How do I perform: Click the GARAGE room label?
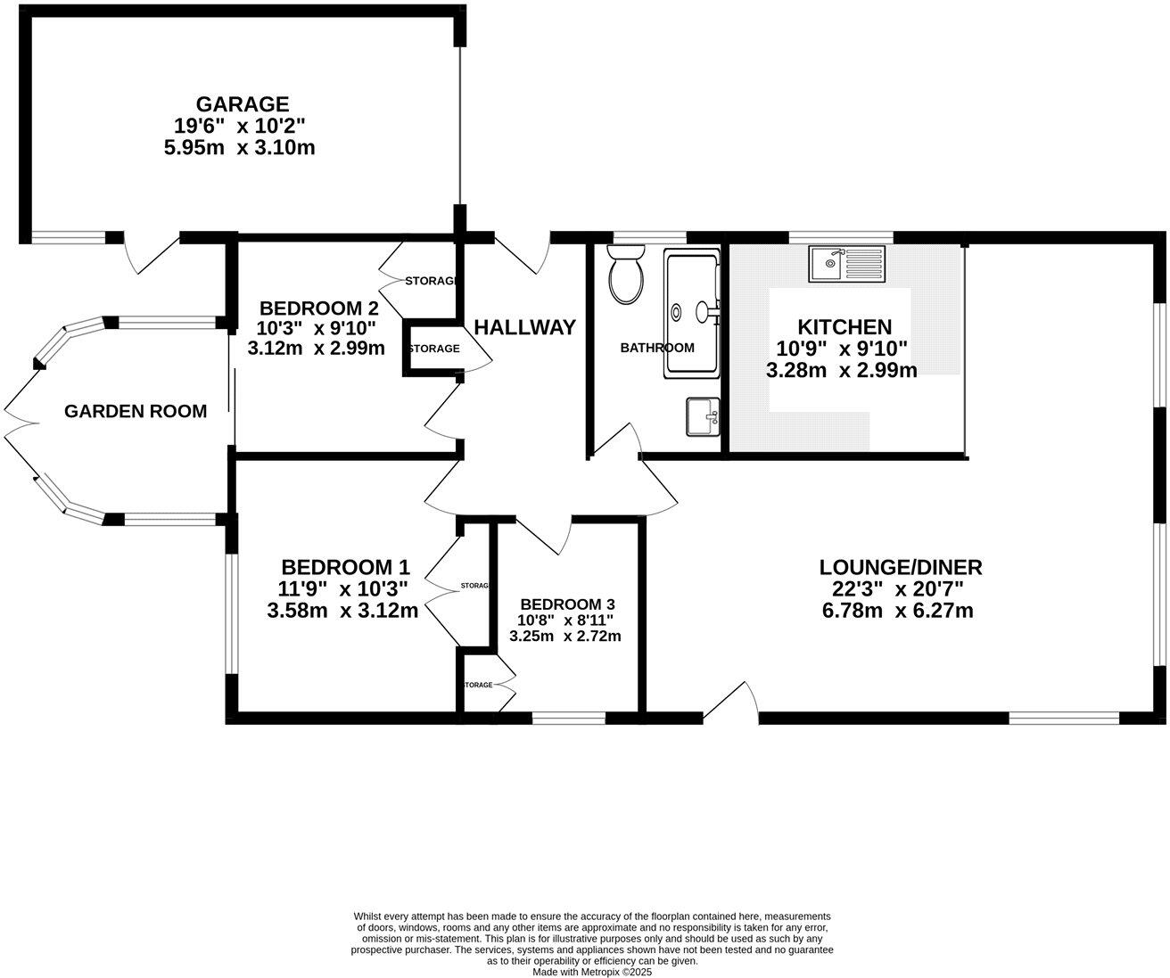(x=243, y=104)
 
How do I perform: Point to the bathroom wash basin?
(x=702, y=416)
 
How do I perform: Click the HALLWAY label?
(x=524, y=327)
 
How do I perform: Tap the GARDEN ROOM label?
(x=136, y=411)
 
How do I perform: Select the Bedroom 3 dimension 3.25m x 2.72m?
(x=564, y=636)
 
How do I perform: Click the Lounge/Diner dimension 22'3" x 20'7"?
(x=900, y=588)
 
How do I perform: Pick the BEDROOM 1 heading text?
(x=345, y=567)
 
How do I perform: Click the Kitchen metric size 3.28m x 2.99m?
(x=841, y=370)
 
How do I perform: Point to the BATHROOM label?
(x=657, y=348)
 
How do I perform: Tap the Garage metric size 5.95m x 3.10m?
(x=239, y=147)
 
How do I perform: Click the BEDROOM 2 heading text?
(x=318, y=308)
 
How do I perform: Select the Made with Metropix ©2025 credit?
(x=593, y=972)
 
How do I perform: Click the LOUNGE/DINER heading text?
(x=900, y=567)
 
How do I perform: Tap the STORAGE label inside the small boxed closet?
(x=434, y=349)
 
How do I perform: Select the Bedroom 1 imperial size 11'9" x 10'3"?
(x=342, y=588)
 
